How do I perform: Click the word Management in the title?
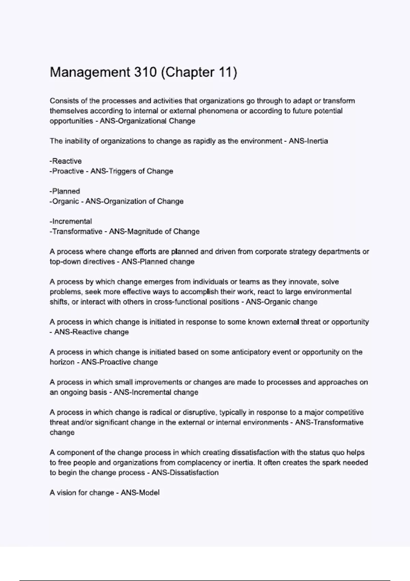pos(90,72)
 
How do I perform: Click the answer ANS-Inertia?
pos(308,141)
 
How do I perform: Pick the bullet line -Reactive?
pos(66,161)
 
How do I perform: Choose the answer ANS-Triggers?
pos(109,171)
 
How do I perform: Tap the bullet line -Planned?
pos(65,191)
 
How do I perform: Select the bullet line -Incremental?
pos(71,221)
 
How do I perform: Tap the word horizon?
pos(62,362)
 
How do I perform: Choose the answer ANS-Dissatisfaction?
pos(185,473)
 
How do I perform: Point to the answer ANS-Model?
pos(140,493)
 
